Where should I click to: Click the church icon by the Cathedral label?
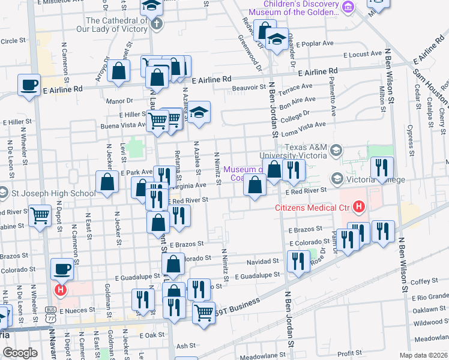click(157, 25)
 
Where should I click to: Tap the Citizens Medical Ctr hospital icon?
click(359, 208)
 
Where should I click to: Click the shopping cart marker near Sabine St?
click(40, 215)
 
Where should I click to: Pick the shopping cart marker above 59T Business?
click(204, 312)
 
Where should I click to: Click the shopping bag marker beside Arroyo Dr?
click(120, 70)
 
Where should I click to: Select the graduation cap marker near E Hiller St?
click(199, 112)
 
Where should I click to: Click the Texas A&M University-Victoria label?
click(307, 152)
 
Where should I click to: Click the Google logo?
click(20, 353)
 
